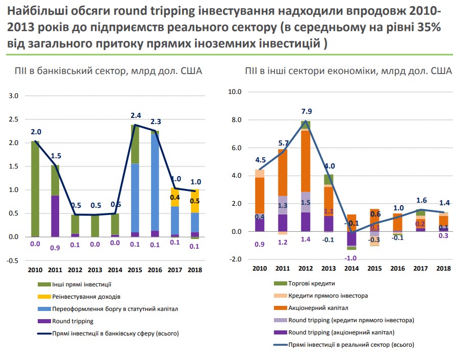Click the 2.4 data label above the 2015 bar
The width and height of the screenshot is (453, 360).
(x=136, y=115)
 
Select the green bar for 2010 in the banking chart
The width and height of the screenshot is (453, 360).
(x=35, y=188)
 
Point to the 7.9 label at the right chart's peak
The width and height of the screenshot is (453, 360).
(x=306, y=112)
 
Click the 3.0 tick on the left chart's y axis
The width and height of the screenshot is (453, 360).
(x=13, y=96)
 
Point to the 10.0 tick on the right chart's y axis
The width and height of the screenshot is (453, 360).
(x=235, y=92)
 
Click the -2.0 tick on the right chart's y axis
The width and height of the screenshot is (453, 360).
(x=235, y=259)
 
